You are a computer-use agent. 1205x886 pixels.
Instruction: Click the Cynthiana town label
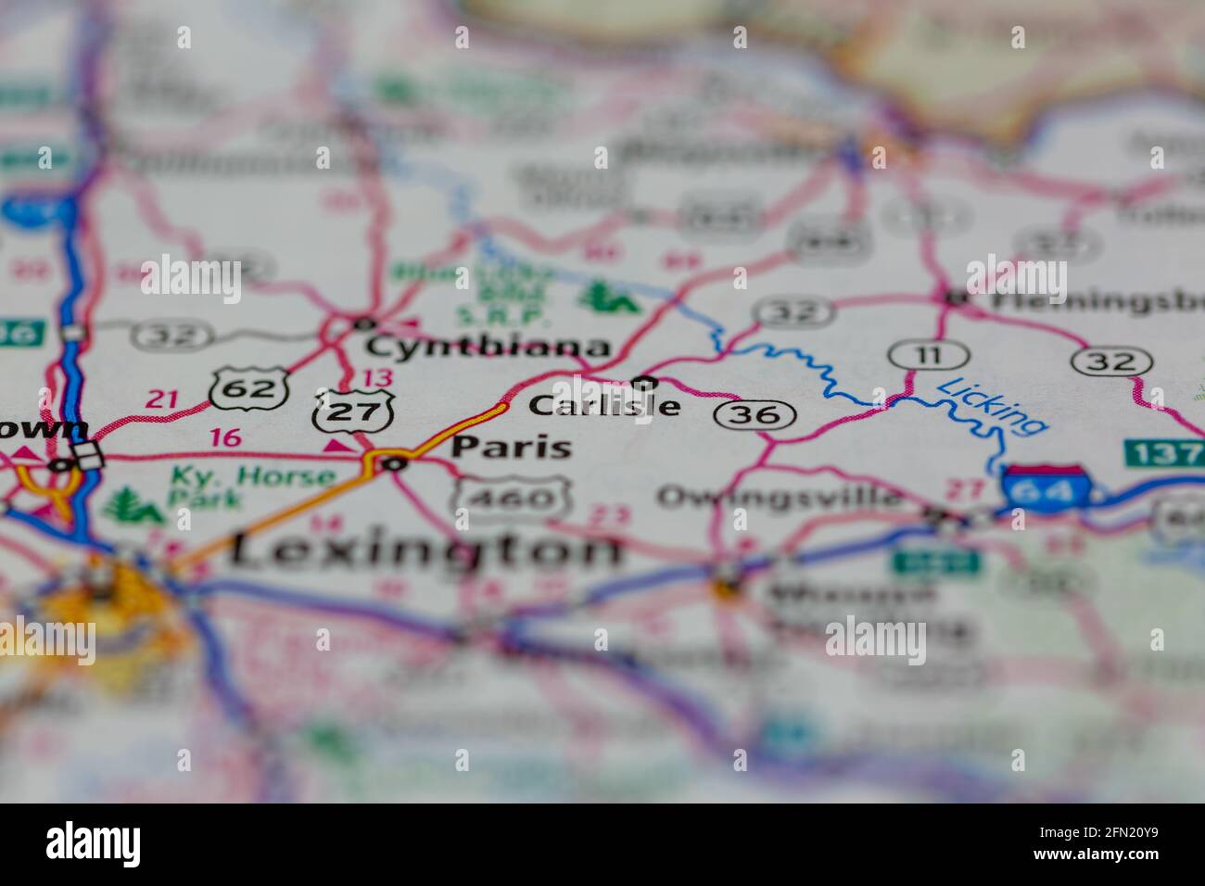click(488, 348)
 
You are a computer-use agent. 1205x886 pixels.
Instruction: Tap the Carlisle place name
click(604, 406)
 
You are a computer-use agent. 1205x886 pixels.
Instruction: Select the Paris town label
click(511, 447)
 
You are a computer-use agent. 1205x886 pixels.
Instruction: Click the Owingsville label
click(779, 496)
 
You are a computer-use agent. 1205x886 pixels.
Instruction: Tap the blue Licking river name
click(992, 405)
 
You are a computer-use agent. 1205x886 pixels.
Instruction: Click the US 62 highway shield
click(247, 387)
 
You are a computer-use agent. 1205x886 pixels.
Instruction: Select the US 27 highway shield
click(354, 412)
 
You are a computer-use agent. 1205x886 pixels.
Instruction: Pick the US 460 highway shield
click(510, 499)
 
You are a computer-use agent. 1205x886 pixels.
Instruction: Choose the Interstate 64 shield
click(1044, 487)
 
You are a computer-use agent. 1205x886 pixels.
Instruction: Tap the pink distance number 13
click(377, 377)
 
